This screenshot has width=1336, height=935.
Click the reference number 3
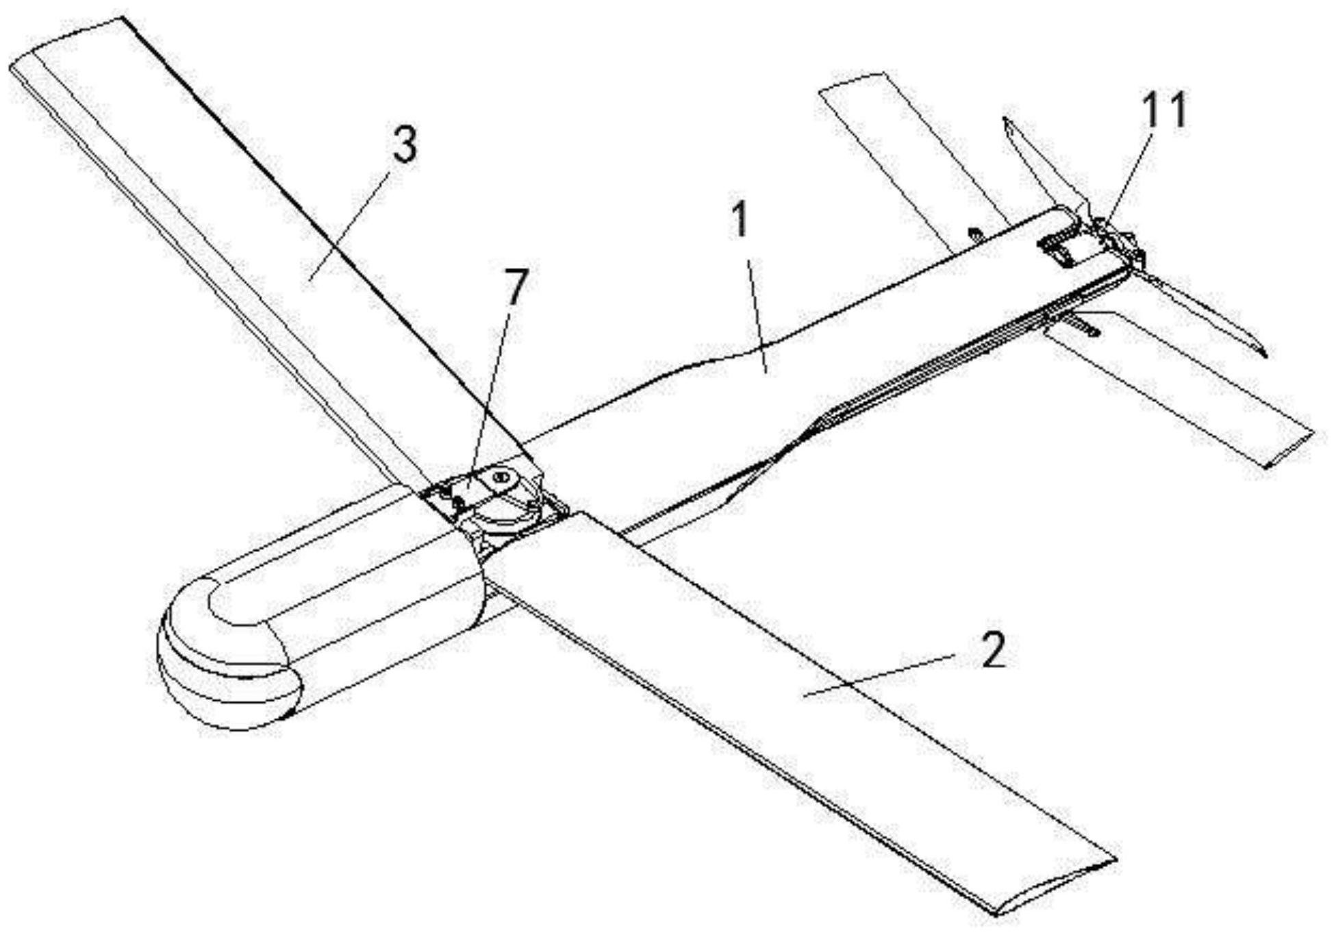405,145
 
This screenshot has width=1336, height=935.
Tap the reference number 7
515,288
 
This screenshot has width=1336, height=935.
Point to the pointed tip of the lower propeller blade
1263,354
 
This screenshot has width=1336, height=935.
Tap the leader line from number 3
349,226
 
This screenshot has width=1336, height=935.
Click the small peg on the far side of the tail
973,234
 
